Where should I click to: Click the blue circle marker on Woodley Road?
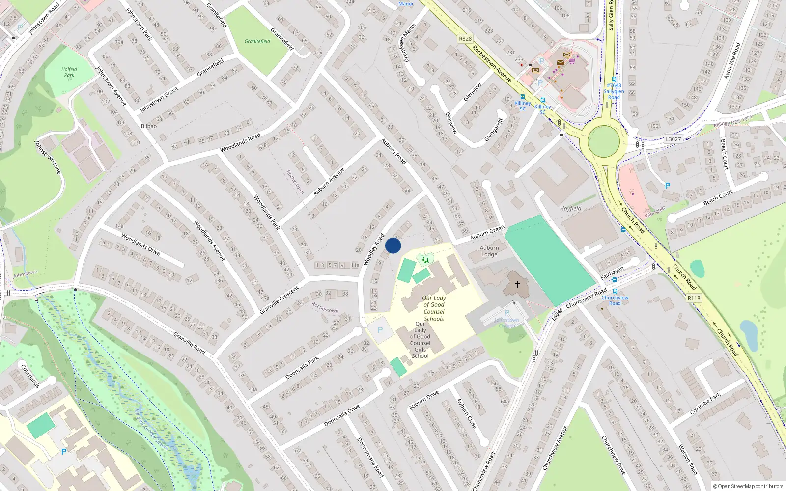[x=393, y=245]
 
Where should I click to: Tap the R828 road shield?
[x=465, y=39]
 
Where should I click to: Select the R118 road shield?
[x=694, y=298]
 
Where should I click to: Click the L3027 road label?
[x=674, y=139]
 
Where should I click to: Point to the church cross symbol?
[x=517, y=284]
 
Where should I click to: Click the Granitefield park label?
[x=257, y=41]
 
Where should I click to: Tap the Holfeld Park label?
[x=69, y=72]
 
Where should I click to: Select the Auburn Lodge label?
[x=489, y=251]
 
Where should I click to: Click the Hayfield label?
[x=570, y=208]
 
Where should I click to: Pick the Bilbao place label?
[x=149, y=126]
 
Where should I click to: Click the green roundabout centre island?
[x=604, y=141]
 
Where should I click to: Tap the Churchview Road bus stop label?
[x=615, y=300]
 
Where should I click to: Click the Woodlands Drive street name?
[x=140, y=245]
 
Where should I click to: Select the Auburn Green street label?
[x=487, y=232]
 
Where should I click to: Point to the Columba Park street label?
[x=705, y=404]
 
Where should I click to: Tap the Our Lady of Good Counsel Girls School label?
[x=420, y=340]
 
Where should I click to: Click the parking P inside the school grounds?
[x=380, y=330]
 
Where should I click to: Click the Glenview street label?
[x=473, y=92]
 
